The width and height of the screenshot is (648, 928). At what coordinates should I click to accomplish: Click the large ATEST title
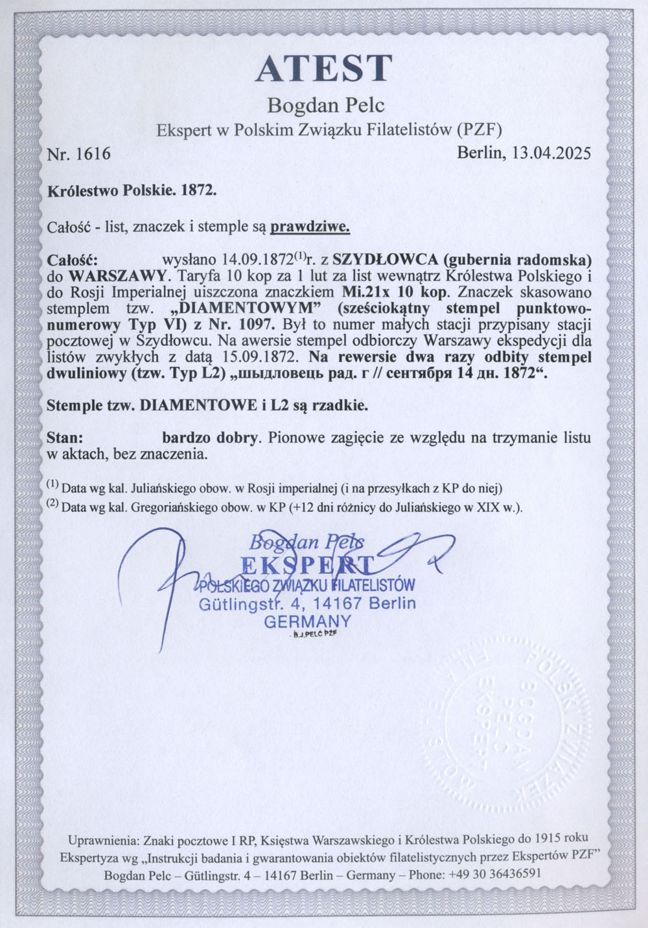point(324,68)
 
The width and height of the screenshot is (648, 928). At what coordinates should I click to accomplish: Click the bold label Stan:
point(65,437)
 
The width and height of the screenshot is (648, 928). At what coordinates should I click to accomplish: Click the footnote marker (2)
point(53,505)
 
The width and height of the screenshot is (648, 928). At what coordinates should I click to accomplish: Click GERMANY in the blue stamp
point(308,621)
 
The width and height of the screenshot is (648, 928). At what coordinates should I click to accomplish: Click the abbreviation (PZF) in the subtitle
point(480,130)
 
